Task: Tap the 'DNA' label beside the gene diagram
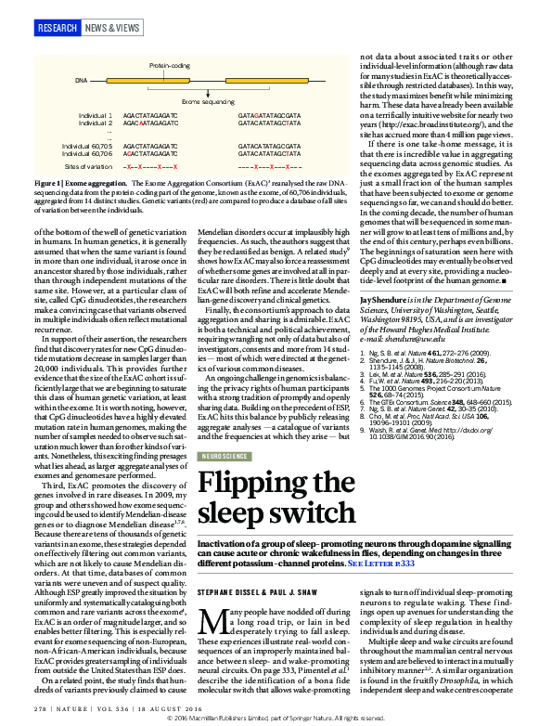[x=81, y=82]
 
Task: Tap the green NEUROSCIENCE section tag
[x=226, y=457]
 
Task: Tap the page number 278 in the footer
[x=40, y=710]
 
